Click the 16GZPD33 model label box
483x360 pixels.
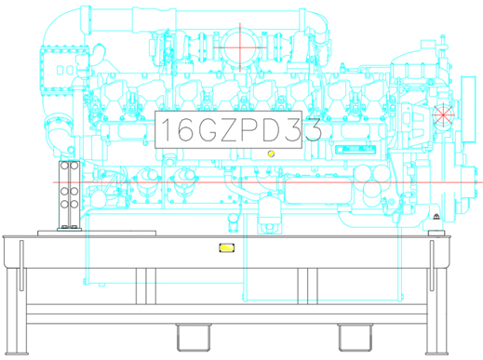click(x=228, y=129)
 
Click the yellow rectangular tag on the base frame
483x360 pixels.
click(x=227, y=247)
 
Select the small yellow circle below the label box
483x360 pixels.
click(x=271, y=153)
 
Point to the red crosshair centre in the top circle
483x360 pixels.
click(x=240, y=47)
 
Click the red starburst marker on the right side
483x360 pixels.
click(x=443, y=115)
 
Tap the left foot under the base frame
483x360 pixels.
click(x=194, y=338)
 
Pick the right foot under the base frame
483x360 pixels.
click(x=356, y=338)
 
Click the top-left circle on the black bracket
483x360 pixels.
click(x=64, y=166)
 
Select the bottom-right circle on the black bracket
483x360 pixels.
click(x=74, y=204)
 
